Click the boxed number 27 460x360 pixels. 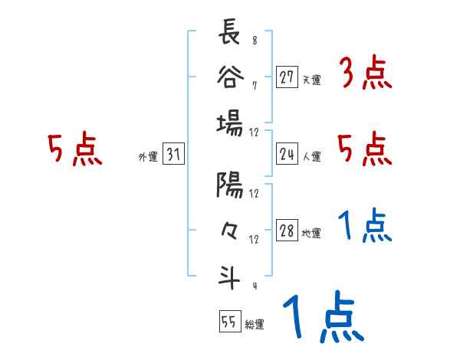tap(287, 78)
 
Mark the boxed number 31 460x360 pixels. tap(172, 155)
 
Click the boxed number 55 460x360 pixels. tap(228, 322)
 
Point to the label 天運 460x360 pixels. tap(311, 80)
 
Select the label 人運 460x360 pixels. tap(311, 156)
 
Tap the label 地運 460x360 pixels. tap(311, 233)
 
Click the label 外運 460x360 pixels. tap(148, 157)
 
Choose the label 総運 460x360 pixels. tap(254, 324)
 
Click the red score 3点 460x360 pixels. tap(366, 74)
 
